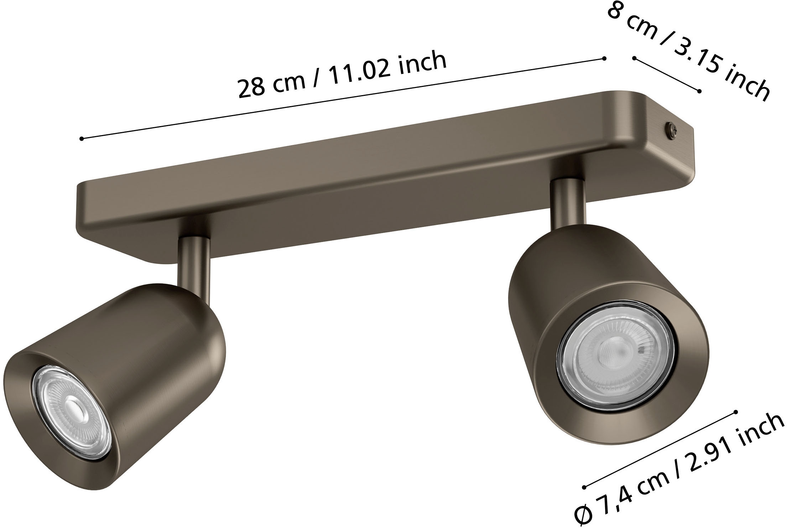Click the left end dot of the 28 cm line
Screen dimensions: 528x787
click(82, 139)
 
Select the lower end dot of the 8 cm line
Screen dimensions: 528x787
click(699, 92)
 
